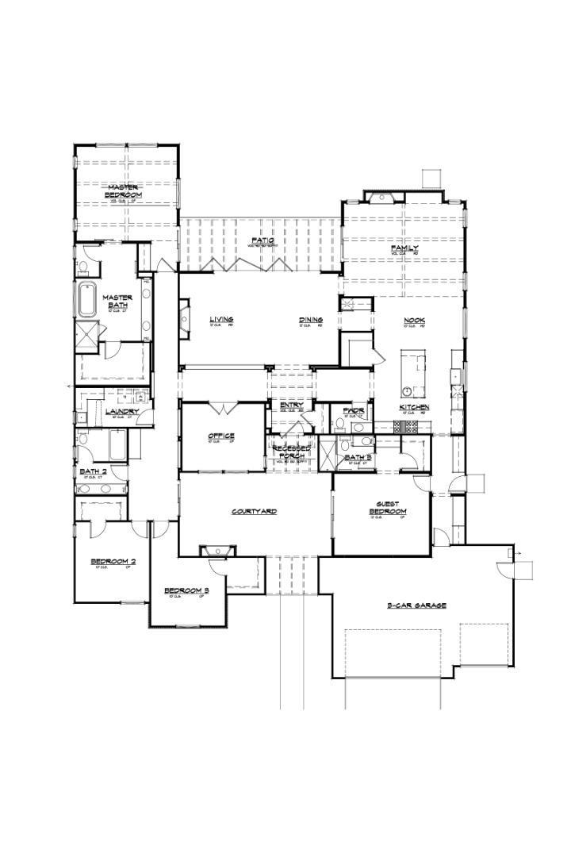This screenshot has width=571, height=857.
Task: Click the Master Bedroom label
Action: [x=125, y=190]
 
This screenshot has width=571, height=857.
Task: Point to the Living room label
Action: [x=221, y=320]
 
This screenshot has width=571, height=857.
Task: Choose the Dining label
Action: [x=311, y=320]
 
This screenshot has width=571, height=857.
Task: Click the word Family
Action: [x=404, y=248]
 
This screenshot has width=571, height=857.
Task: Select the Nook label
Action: [x=414, y=320]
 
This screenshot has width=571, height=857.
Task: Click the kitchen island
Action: [x=412, y=374]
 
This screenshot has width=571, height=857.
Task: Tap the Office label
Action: [x=221, y=436]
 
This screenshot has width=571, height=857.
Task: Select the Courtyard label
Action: [x=254, y=511]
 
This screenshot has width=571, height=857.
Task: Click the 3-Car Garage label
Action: [x=416, y=605]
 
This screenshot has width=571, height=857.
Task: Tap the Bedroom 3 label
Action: [x=186, y=590]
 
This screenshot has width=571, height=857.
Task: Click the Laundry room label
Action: [x=122, y=411]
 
